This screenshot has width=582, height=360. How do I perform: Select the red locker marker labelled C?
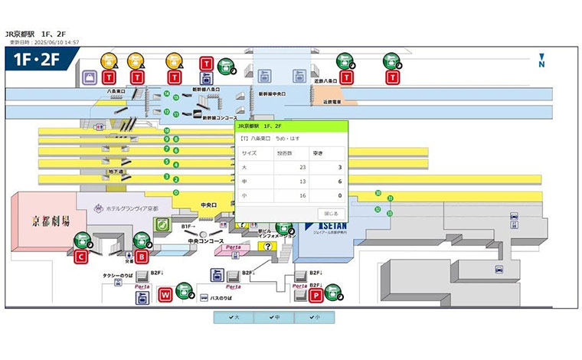coord(80,257)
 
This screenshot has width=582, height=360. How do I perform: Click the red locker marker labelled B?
coord(141,257)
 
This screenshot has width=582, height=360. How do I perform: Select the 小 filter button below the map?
coord(314,316)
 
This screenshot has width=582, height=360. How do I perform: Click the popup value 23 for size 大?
coord(302,167)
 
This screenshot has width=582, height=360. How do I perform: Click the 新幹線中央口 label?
coord(272,93)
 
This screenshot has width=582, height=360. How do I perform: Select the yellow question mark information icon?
coord(267,247)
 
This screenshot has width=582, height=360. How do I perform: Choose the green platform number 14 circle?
coord(166,93)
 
